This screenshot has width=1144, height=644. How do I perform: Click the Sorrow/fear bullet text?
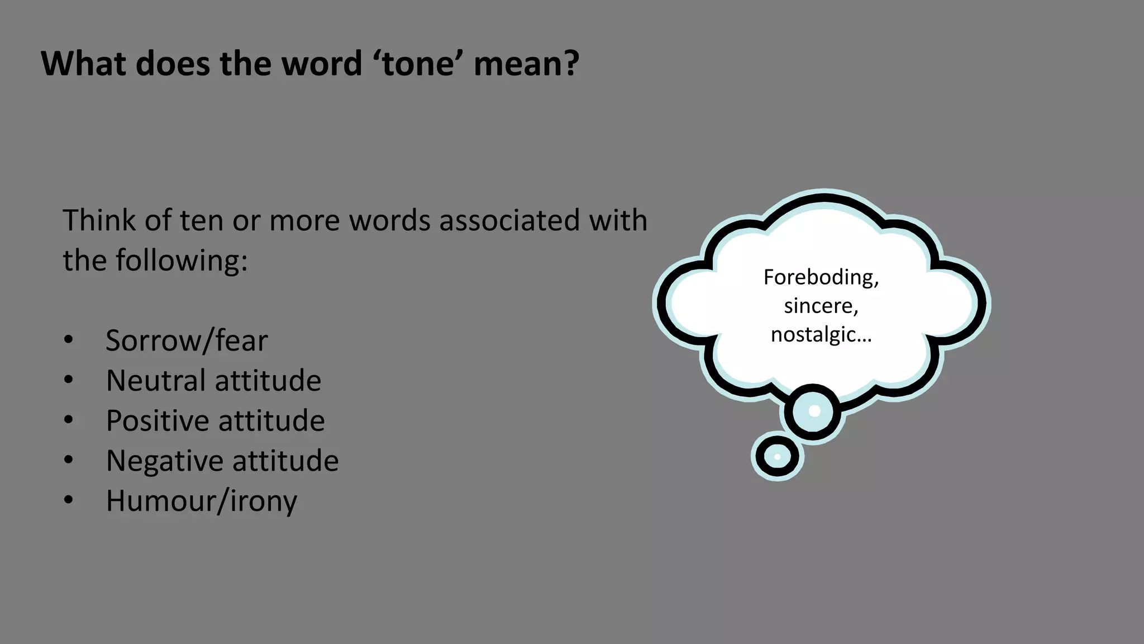[x=187, y=340]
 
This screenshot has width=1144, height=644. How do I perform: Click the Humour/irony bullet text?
[x=201, y=501]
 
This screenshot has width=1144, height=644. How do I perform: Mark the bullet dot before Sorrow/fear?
[x=68, y=340]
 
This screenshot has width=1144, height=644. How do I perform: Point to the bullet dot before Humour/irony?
[x=68, y=500]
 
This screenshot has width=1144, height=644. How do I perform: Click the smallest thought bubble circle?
[x=777, y=456]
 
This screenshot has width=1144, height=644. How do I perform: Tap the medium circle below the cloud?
[x=813, y=412]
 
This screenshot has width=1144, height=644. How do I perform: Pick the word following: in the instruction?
[x=182, y=261]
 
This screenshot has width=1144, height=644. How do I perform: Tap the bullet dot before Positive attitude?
[x=68, y=420]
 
